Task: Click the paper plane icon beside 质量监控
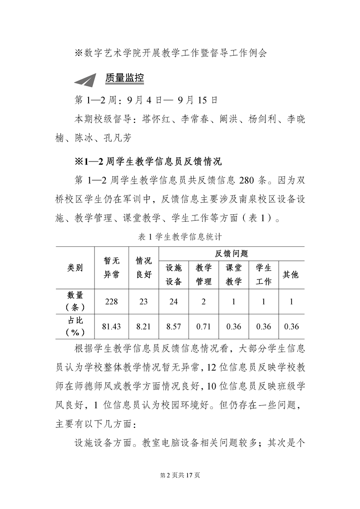coord(87,79)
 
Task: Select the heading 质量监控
coord(124,78)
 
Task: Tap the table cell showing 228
coord(111,301)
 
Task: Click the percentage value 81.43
coord(111,326)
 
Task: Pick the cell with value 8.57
coord(173,326)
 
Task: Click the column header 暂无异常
coord(111,268)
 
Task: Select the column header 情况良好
coord(143,268)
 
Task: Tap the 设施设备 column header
coord(173,274)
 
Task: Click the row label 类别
coord(75,268)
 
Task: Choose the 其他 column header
coord(291,274)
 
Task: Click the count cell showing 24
coord(173,301)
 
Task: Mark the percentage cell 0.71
coord(204,326)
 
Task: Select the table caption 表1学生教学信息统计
coord(179,236)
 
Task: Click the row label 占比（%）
coord(75,326)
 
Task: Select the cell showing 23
coord(143,301)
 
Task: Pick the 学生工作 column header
coord(263,274)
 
